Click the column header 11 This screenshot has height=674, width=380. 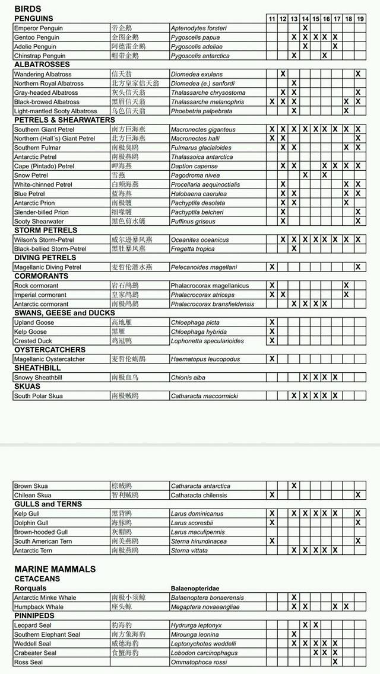[272, 19]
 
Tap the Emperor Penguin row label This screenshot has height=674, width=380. [39, 28]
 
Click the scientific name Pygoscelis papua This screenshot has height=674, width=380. [195, 37]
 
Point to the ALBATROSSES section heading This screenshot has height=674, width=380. [42, 65]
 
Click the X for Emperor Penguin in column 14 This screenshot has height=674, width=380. [305, 28]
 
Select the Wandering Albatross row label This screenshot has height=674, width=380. [43, 74]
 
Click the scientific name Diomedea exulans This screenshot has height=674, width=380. [197, 74]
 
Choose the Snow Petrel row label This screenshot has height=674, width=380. [30, 175]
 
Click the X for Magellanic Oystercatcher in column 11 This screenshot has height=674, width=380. [272, 359]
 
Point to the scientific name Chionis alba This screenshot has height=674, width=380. [188, 378]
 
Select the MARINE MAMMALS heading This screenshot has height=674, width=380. [55, 569]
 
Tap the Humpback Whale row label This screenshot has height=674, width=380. [40, 606]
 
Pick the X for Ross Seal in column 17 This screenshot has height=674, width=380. [335, 662]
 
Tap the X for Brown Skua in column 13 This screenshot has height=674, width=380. [294, 485]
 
